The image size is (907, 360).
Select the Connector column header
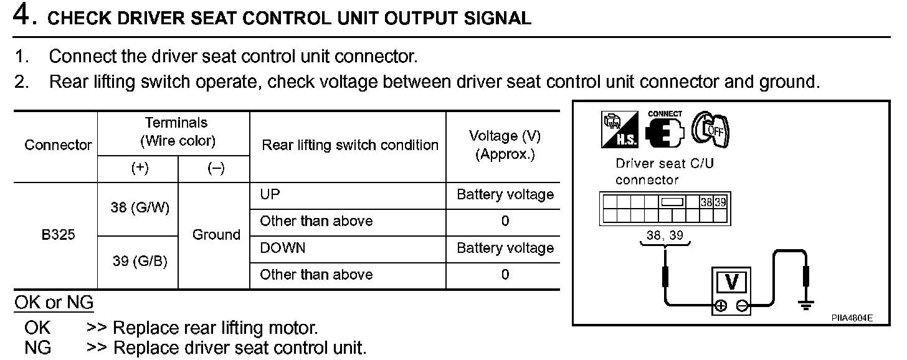tap(58, 145)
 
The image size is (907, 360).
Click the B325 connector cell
tap(58, 235)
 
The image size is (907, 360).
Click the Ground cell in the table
tap(216, 235)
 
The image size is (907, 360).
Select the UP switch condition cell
tap(270, 194)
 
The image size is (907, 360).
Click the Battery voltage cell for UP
tap(505, 195)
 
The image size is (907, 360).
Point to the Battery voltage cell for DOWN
tap(505, 249)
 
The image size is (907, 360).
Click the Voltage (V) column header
tap(505, 145)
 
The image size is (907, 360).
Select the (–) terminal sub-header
tap(216, 169)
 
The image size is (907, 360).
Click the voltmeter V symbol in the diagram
tap(732, 283)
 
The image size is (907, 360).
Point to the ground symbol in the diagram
tap(807, 305)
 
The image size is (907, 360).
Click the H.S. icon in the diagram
tap(619, 130)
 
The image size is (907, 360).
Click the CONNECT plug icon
tap(665, 130)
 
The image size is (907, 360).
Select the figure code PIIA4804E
tap(852, 318)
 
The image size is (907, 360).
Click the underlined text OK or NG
tap(54, 303)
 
